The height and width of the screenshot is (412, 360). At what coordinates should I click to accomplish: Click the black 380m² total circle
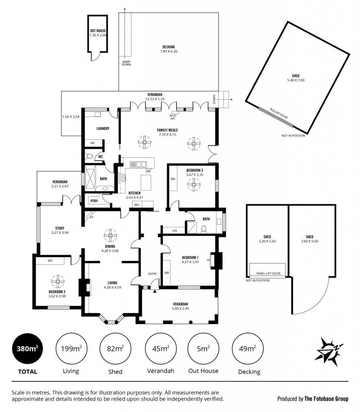(27, 349)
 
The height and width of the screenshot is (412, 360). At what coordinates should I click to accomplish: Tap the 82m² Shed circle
(115, 349)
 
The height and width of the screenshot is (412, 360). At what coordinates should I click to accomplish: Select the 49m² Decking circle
(247, 349)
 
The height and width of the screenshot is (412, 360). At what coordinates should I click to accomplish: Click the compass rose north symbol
(330, 352)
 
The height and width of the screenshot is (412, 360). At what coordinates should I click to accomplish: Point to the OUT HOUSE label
(98, 31)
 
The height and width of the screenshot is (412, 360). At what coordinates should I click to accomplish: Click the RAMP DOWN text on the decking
(126, 63)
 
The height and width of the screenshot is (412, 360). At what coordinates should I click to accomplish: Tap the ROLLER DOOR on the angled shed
(276, 117)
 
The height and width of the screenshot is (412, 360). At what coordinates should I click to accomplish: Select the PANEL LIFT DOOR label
(268, 273)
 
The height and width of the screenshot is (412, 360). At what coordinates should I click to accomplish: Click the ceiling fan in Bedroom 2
(58, 282)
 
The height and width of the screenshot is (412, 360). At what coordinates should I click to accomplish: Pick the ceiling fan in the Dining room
(110, 235)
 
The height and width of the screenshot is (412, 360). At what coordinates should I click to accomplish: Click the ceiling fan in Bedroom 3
(194, 184)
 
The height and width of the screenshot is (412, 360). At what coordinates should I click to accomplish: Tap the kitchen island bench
(146, 182)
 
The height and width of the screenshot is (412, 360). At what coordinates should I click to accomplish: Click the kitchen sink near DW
(138, 165)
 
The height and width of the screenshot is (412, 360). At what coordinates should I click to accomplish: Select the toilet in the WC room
(89, 157)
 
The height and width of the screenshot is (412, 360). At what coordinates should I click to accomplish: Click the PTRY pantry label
(94, 201)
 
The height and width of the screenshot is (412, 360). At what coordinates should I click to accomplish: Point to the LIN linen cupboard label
(175, 231)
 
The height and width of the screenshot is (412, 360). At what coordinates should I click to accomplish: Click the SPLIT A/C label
(173, 117)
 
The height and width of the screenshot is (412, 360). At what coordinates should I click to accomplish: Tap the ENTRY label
(152, 274)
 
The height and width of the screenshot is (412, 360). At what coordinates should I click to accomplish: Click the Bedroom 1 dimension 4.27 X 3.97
(190, 262)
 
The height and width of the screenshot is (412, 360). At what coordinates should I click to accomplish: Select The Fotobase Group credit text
(326, 399)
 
